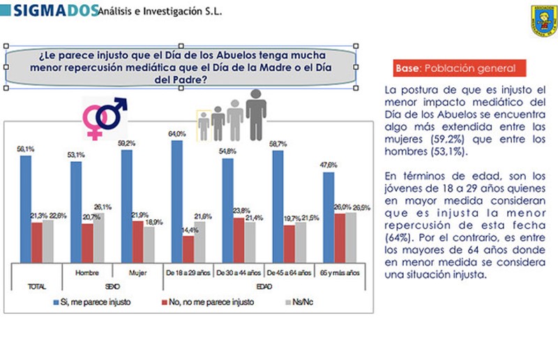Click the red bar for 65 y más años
338,238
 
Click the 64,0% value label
176,133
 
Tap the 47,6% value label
329,165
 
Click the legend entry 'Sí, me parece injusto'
98,302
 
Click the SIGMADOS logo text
52,10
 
